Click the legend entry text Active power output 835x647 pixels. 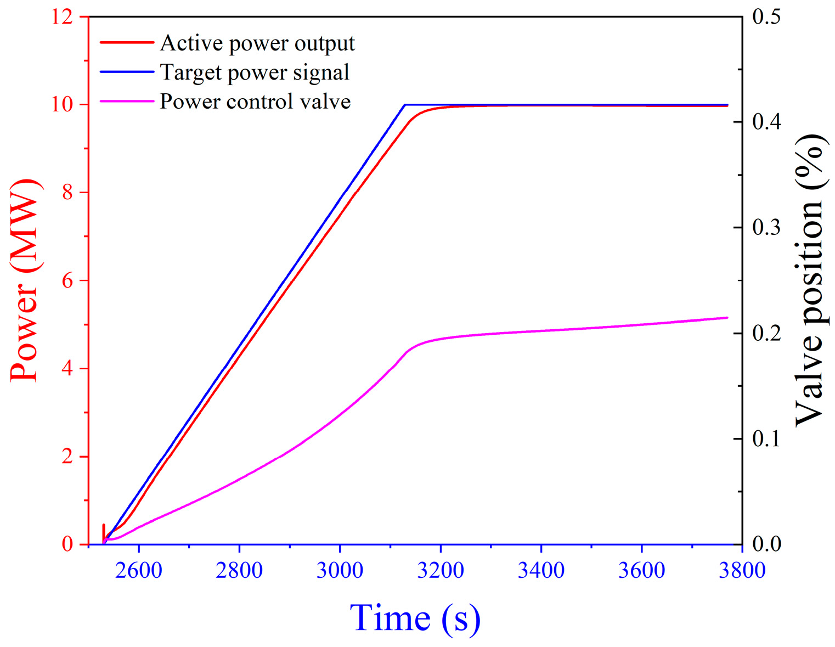pos(257,43)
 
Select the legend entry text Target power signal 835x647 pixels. pos(254,72)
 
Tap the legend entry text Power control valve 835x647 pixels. pos(255,102)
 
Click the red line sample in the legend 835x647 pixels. pos(127,42)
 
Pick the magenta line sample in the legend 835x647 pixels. pos(127,101)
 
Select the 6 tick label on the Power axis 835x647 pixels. pos(67,281)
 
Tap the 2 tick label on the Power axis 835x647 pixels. pos(67,457)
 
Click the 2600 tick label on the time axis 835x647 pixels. pos(139,571)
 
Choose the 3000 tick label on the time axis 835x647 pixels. pos(340,571)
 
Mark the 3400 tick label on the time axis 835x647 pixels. pos(541,571)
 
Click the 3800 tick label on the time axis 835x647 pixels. pos(742,571)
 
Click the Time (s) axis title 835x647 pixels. pos(415,618)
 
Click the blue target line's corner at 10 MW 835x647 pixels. pos(404,104)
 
